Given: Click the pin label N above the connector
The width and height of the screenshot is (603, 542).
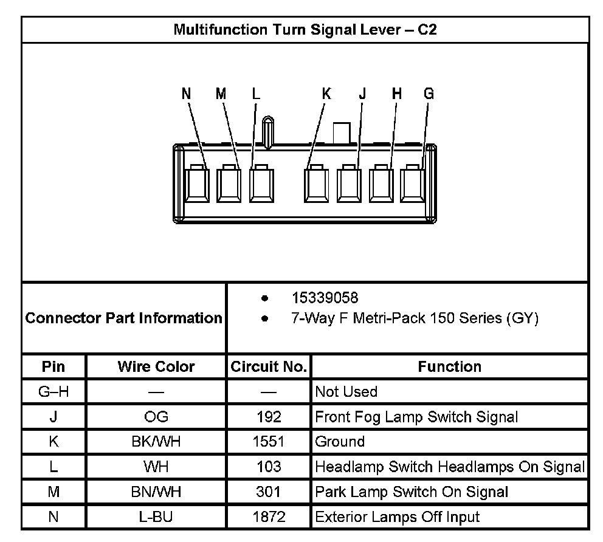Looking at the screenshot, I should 187,94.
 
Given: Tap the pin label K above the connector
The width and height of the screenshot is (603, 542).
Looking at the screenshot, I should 327,94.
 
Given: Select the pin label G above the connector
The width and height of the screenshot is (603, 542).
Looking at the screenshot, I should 429,94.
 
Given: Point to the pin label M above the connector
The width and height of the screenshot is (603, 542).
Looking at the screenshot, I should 221,94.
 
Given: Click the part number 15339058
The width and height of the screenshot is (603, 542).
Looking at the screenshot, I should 325,298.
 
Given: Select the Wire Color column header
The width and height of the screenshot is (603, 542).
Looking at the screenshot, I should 156,367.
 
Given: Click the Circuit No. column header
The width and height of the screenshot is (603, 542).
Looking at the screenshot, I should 269,367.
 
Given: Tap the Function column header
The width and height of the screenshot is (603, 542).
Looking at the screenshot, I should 449,367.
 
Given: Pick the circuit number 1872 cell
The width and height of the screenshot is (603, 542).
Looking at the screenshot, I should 269,517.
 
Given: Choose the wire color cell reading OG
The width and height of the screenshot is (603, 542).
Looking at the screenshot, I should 156,417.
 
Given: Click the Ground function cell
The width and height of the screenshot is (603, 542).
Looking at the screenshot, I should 340,442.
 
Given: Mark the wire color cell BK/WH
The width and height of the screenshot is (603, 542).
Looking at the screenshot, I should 156,442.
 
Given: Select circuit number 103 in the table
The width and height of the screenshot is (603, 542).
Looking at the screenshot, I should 269,467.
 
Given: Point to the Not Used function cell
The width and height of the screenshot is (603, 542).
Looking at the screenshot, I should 346,392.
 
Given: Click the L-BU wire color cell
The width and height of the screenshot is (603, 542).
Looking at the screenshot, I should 156,517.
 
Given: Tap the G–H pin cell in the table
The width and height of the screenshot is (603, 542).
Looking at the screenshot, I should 53,392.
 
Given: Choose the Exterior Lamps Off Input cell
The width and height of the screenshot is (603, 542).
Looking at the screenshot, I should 397,517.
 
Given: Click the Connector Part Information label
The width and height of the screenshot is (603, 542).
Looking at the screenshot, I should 124,318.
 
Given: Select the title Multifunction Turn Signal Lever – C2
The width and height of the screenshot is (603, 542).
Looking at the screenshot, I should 305,30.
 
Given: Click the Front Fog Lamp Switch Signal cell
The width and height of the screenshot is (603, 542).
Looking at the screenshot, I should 416,417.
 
